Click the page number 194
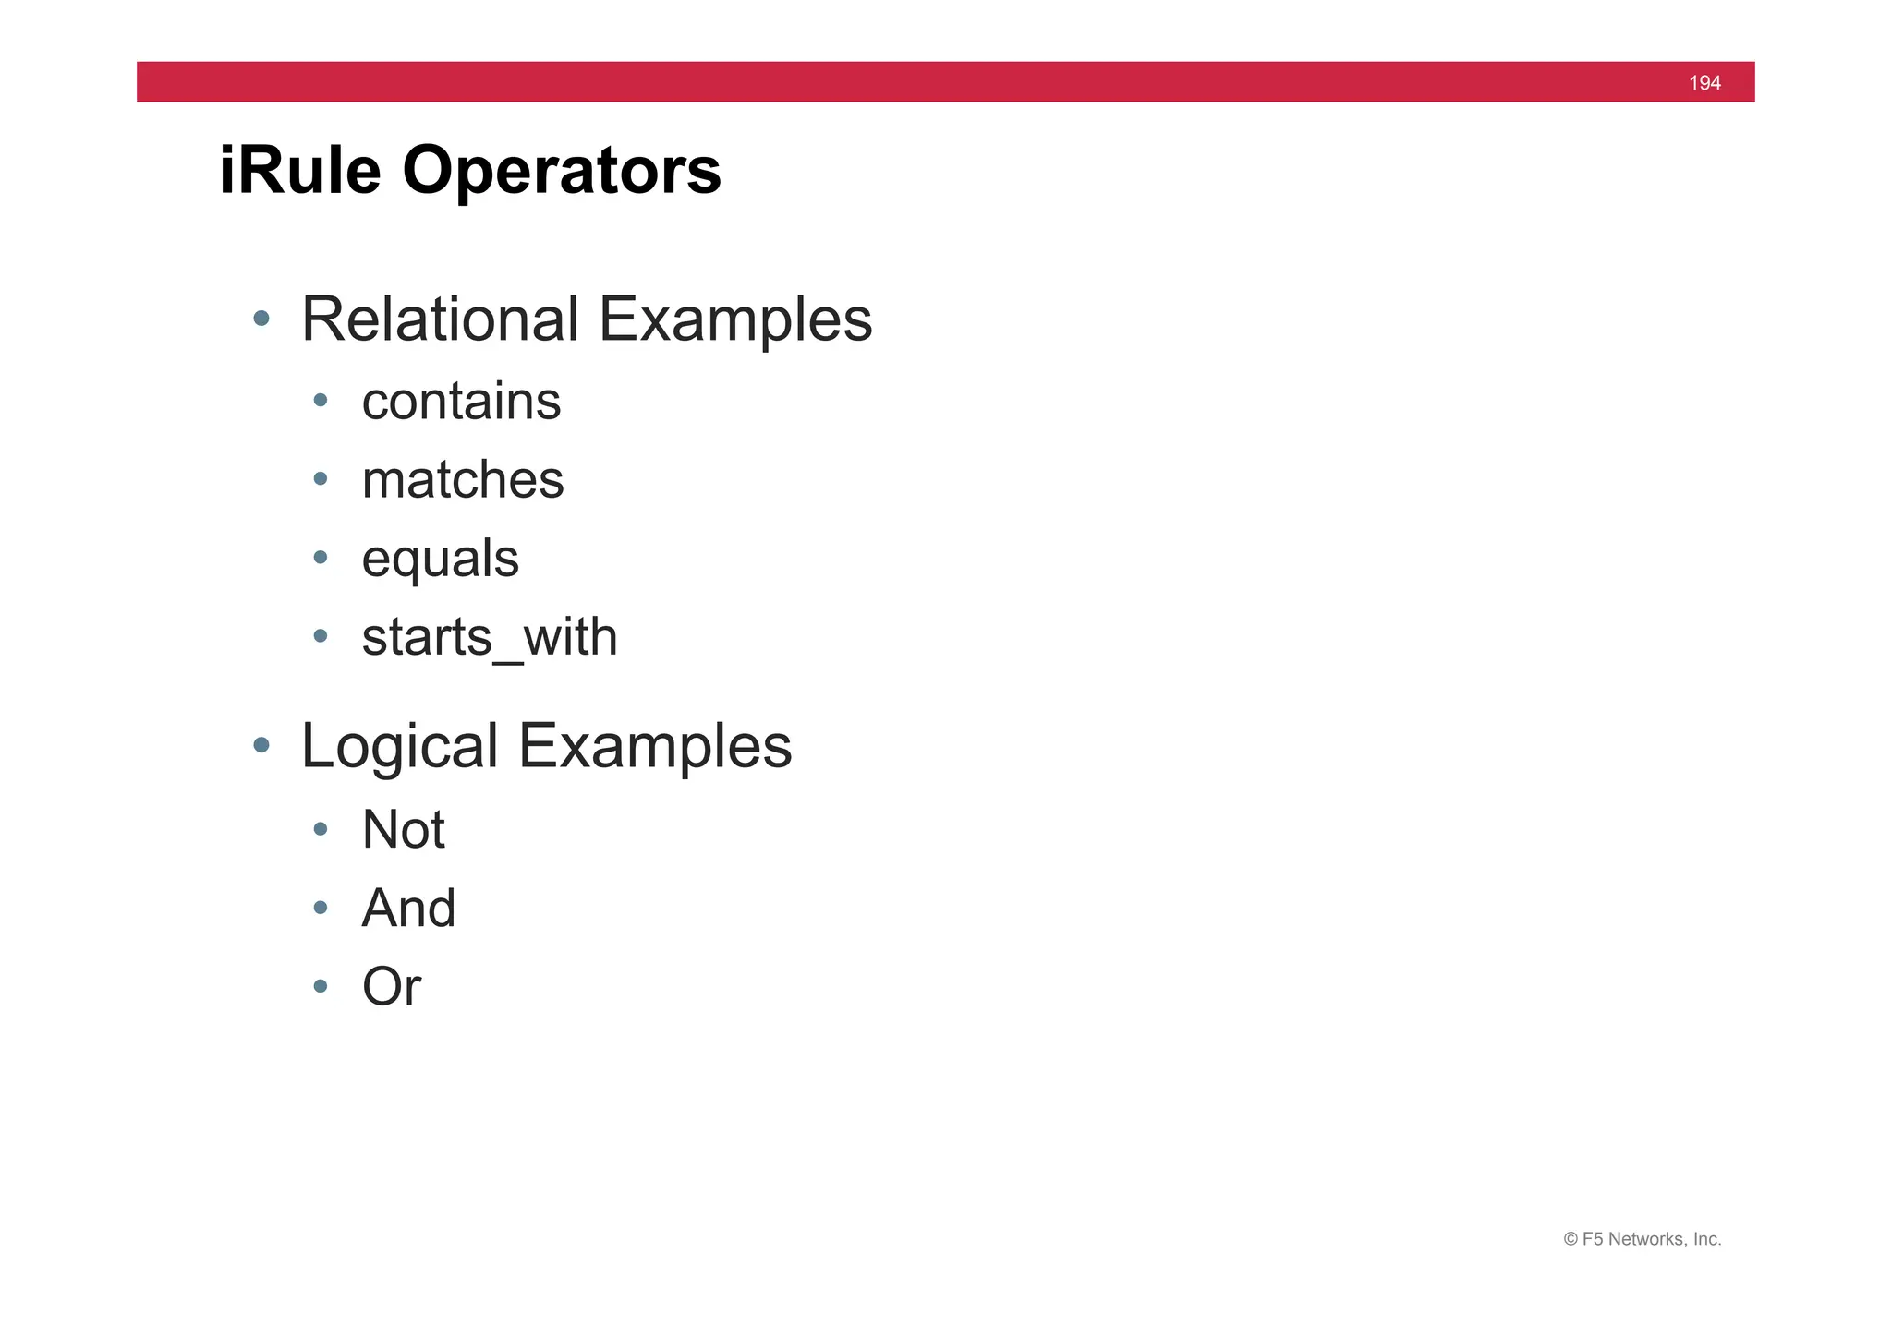coord(1704,83)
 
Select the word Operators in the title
coord(561,173)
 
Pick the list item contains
coord(461,402)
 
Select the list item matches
coord(463,480)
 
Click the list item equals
coord(441,560)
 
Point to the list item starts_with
coord(490,637)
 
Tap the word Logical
coord(400,746)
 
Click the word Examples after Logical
coord(655,746)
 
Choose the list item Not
coord(404,829)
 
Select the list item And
coord(408,908)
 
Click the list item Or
coord(392,986)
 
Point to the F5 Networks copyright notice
coord(1642,1239)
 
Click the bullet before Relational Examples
coord(261,319)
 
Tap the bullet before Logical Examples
coord(261,744)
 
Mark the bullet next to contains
coord(321,400)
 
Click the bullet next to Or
coord(321,986)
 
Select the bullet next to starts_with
coord(321,635)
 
